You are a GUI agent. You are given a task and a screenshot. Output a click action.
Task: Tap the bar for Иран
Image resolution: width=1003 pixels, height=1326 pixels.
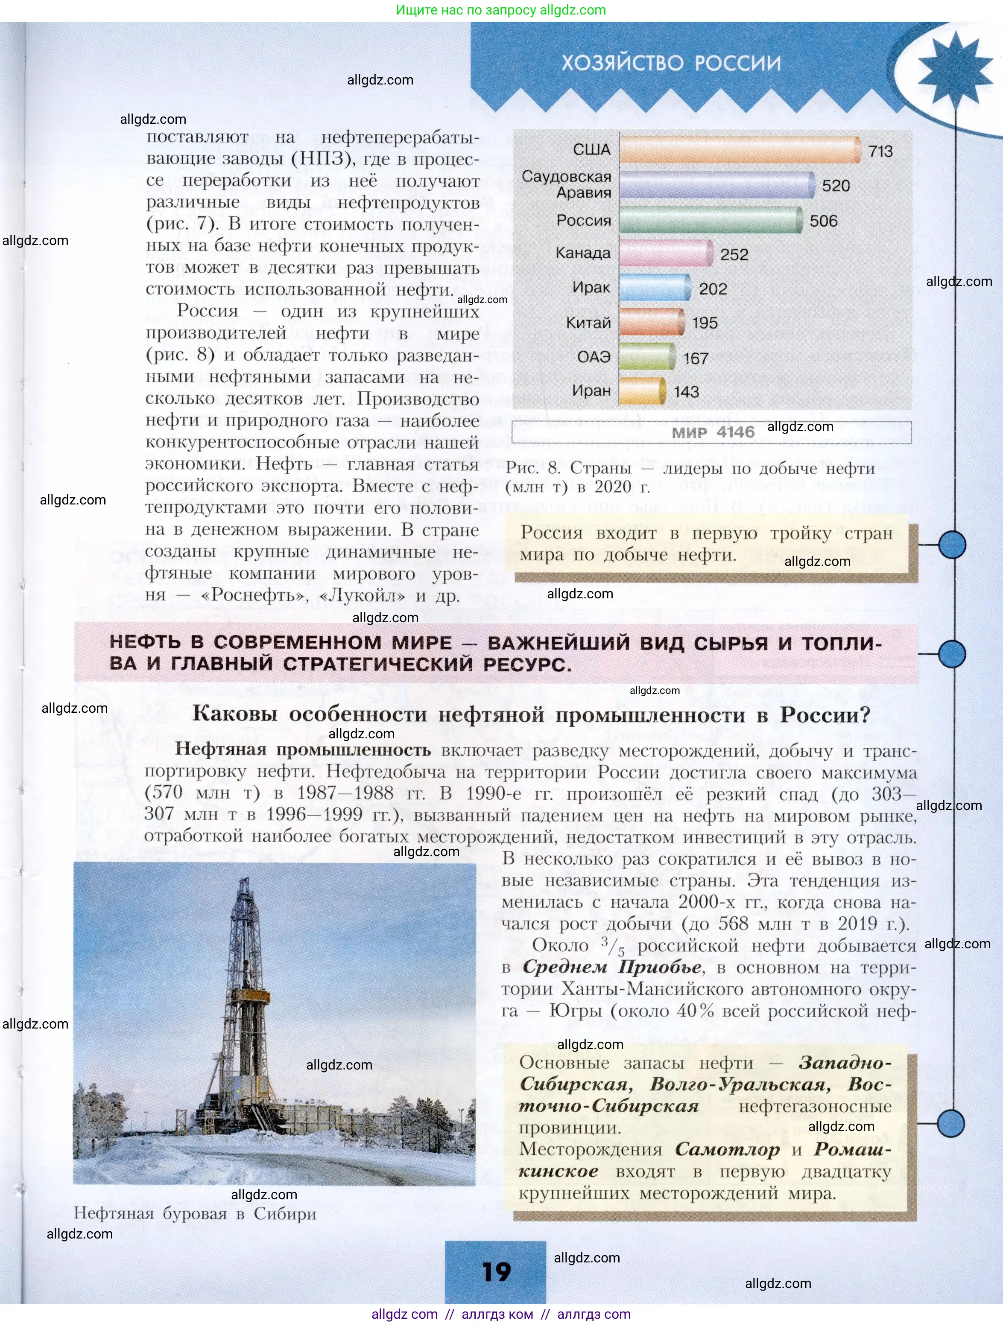pos(642,391)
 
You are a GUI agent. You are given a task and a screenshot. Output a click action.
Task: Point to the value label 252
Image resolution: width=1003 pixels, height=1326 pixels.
pos(734,255)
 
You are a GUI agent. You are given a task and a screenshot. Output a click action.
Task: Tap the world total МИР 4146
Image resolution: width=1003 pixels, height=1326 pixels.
pos(713,432)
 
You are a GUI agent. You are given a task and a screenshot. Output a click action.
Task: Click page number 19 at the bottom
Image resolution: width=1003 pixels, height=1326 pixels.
pos(496,1271)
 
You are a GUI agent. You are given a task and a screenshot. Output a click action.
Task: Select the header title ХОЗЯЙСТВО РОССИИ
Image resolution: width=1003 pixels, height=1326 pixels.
pos(671,63)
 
